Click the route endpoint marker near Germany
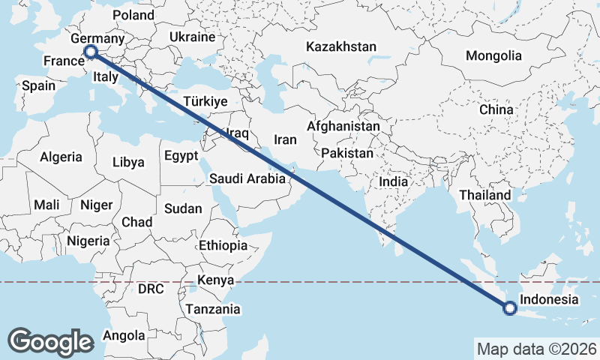tap(91, 52)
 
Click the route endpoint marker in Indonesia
tap(510, 307)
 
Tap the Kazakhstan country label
tap(340, 46)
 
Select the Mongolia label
tap(493, 55)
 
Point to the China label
tap(496, 109)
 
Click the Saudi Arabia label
tap(247, 178)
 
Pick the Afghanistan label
tap(343, 127)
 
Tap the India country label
tap(394, 181)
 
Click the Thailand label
tap(485, 195)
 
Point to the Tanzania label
tap(214, 309)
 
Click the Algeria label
tap(61, 157)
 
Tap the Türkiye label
tap(205, 101)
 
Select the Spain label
tap(38, 85)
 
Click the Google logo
tap(51, 341)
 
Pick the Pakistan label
tap(347, 153)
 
